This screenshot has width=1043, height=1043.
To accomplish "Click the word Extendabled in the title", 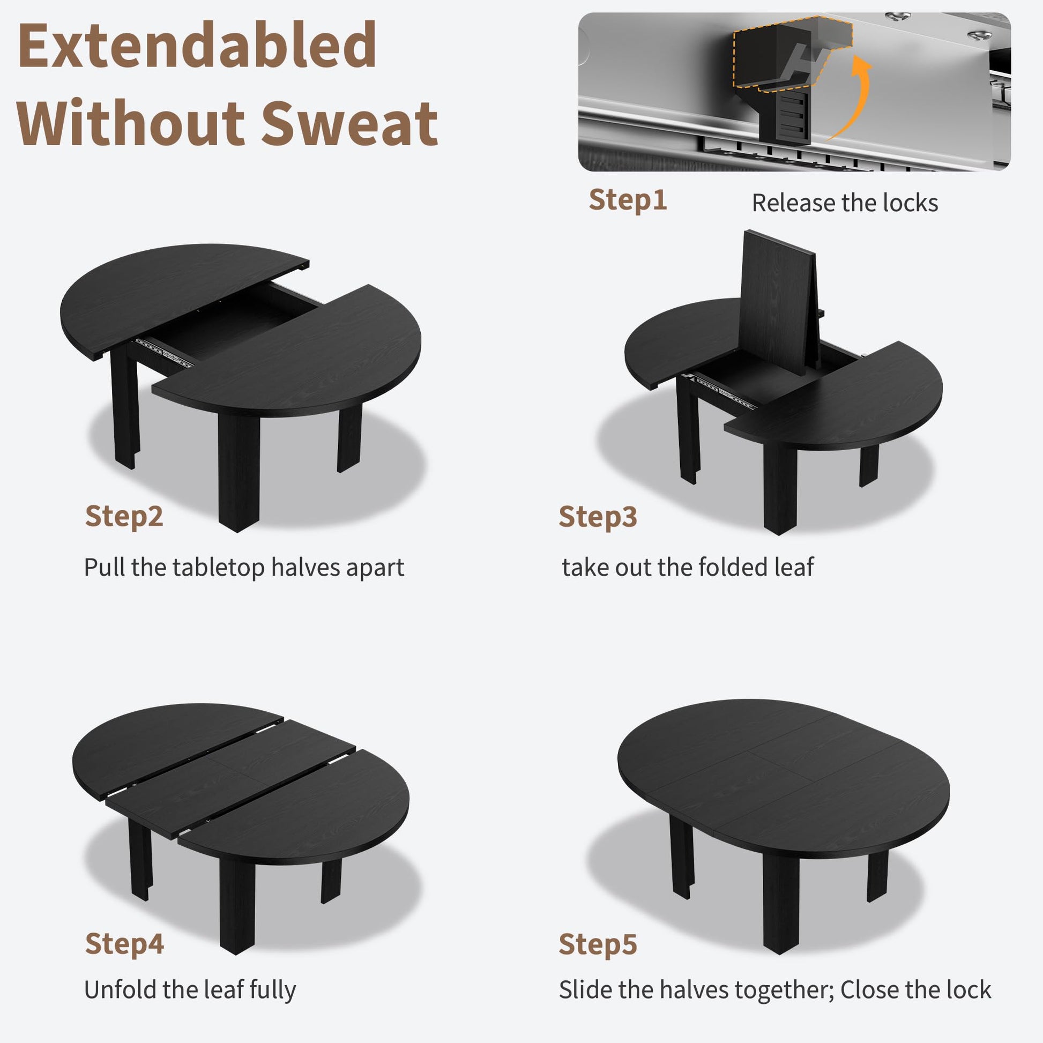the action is pyautogui.click(x=197, y=46).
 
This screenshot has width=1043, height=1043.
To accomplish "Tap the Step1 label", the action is pyautogui.click(x=628, y=200).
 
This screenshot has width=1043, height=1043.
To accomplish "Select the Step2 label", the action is pyautogui.click(x=124, y=516).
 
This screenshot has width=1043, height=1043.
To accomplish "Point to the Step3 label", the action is pyautogui.click(x=598, y=517).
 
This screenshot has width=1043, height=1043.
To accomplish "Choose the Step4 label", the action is pyautogui.click(x=124, y=944).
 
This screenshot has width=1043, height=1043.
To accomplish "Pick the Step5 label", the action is pyautogui.click(x=598, y=944).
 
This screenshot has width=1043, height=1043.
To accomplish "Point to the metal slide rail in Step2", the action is pyautogui.click(x=163, y=352).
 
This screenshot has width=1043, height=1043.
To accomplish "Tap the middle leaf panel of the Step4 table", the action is pyautogui.click(x=231, y=779).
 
